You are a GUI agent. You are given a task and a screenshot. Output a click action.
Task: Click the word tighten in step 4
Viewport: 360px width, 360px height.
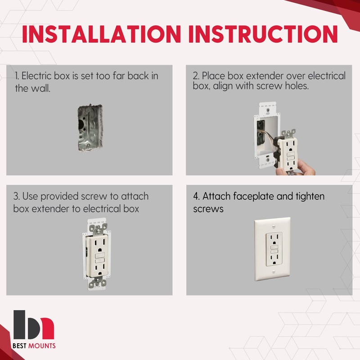(310, 197)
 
